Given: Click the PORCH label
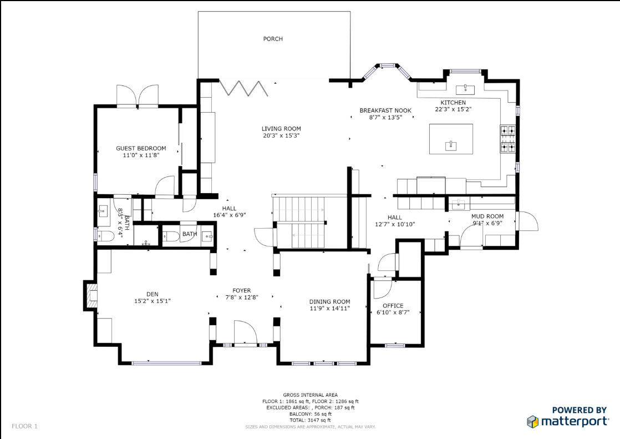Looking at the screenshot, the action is click(273, 39).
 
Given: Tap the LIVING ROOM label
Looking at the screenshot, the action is click(281, 129).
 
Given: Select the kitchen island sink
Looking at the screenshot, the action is click(451, 145).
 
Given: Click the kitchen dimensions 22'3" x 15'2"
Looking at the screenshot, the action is click(453, 109).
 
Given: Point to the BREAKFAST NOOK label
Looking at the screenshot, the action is click(385, 110).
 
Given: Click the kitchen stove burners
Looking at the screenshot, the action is click(508, 139).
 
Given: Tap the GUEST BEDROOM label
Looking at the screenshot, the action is click(141, 148).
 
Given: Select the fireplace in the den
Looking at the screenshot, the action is click(90, 295).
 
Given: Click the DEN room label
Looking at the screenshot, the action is click(153, 294).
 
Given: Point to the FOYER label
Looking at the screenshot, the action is click(242, 291).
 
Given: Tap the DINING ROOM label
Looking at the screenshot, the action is click(330, 302).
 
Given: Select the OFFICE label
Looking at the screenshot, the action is click(393, 306).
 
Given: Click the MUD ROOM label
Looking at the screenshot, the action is click(487, 216).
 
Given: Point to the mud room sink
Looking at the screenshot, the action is click(458, 204).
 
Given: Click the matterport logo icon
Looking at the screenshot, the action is click(532, 422).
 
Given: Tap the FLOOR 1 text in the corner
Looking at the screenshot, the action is click(24, 426).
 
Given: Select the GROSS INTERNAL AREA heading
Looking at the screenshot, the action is click(311, 395).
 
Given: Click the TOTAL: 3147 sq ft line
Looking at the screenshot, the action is click(311, 420).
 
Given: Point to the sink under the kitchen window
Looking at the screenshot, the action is click(465, 89).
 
